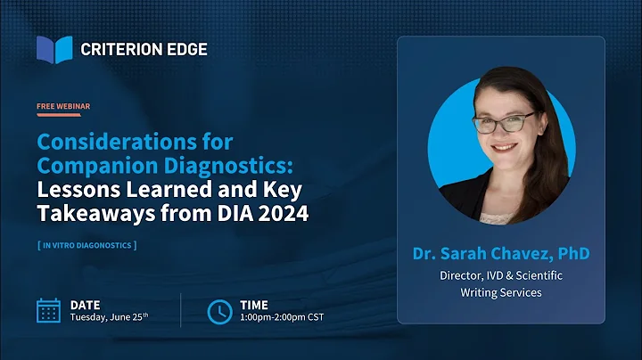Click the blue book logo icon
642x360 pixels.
pyautogui.click(x=54, y=50)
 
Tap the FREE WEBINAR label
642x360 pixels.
pyautogui.click(x=63, y=106)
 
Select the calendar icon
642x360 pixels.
pyautogui.click(x=48, y=310)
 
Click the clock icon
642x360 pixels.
pyautogui.click(x=218, y=311)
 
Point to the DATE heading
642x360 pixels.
pyautogui.click(x=86, y=305)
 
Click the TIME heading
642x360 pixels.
pyautogui.click(x=254, y=305)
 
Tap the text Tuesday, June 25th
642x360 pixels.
pyautogui.click(x=109, y=318)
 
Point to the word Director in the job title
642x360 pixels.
pyautogui.click(x=458, y=275)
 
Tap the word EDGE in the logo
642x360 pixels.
pyautogui.click(x=186, y=50)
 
